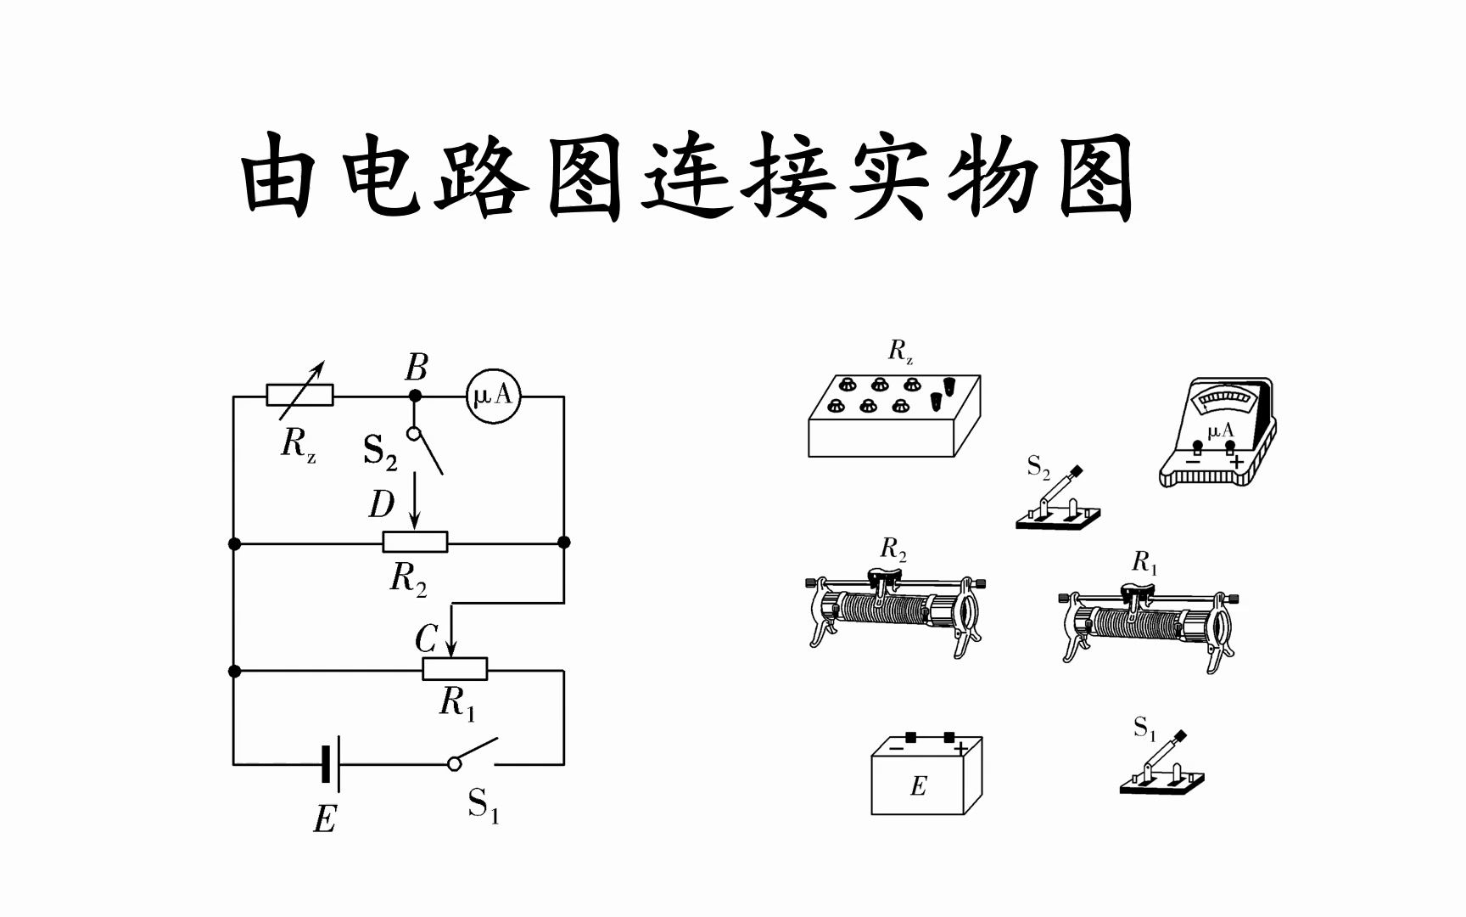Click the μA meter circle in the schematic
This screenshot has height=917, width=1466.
pyautogui.click(x=493, y=396)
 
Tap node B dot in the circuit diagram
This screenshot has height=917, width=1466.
pyautogui.click(x=415, y=396)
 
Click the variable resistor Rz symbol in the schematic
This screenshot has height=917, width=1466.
pyautogui.click(x=299, y=395)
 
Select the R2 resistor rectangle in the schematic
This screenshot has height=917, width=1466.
pyautogui.click(x=415, y=542)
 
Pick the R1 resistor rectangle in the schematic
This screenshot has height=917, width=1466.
pyautogui.click(x=455, y=669)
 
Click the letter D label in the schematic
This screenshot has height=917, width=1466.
pyautogui.click(x=382, y=505)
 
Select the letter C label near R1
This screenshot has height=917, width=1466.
pyautogui.click(x=426, y=639)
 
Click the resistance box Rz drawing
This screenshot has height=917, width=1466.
pyautogui.click(x=893, y=416)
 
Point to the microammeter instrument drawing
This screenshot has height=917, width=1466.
pyautogui.click(x=1217, y=433)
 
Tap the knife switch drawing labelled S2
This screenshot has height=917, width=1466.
pyautogui.click(x=1057, y=504)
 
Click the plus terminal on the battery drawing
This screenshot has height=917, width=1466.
pyautogui.click(x=949, y=736)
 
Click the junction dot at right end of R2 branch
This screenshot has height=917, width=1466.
pyautogui.click(x=563, y=542)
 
